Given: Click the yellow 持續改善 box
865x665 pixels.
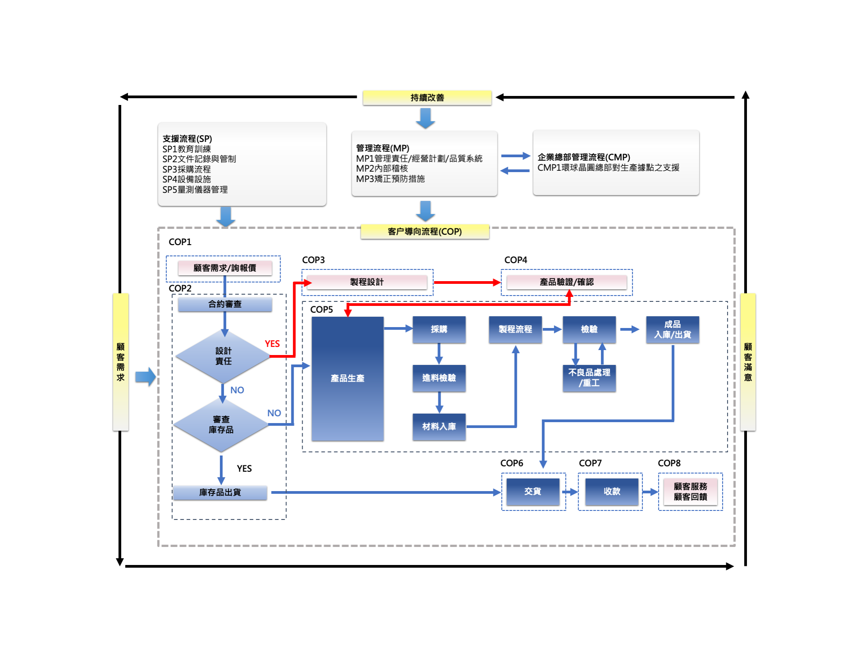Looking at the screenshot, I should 427,98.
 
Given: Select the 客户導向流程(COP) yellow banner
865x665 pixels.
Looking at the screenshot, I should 424,232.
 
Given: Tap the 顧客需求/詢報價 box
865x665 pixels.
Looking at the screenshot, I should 225,268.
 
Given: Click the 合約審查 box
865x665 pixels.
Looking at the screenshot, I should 225,305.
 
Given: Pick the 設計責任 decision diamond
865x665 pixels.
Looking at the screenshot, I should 223,356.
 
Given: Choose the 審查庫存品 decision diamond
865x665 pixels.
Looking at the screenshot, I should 221,425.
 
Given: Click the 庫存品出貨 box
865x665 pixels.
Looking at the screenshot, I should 220,492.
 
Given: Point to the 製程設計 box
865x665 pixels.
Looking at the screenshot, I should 367,282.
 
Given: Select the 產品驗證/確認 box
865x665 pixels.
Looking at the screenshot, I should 566,282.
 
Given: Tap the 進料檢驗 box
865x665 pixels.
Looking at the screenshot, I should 439,378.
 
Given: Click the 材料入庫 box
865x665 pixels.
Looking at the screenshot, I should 439,427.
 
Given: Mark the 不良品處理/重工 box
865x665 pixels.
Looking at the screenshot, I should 589,378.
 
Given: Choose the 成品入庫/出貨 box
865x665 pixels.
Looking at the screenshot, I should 672,330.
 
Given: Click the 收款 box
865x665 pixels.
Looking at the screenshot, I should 612,492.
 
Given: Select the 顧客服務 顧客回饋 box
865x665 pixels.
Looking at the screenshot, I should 690,492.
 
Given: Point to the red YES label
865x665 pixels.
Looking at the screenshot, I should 272,344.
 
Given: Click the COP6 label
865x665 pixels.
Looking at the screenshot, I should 512,463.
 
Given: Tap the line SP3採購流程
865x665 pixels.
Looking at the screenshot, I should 187,169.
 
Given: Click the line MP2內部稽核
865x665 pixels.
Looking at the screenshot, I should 382,169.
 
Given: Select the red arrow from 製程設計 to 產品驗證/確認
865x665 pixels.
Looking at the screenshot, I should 467,282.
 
